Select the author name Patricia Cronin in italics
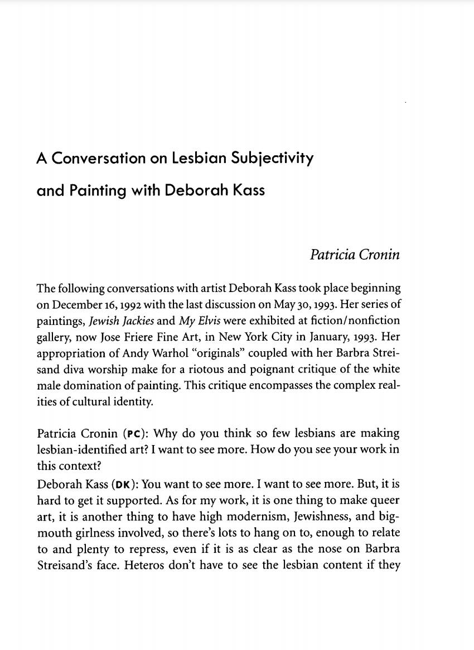click(x=355, y=255)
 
